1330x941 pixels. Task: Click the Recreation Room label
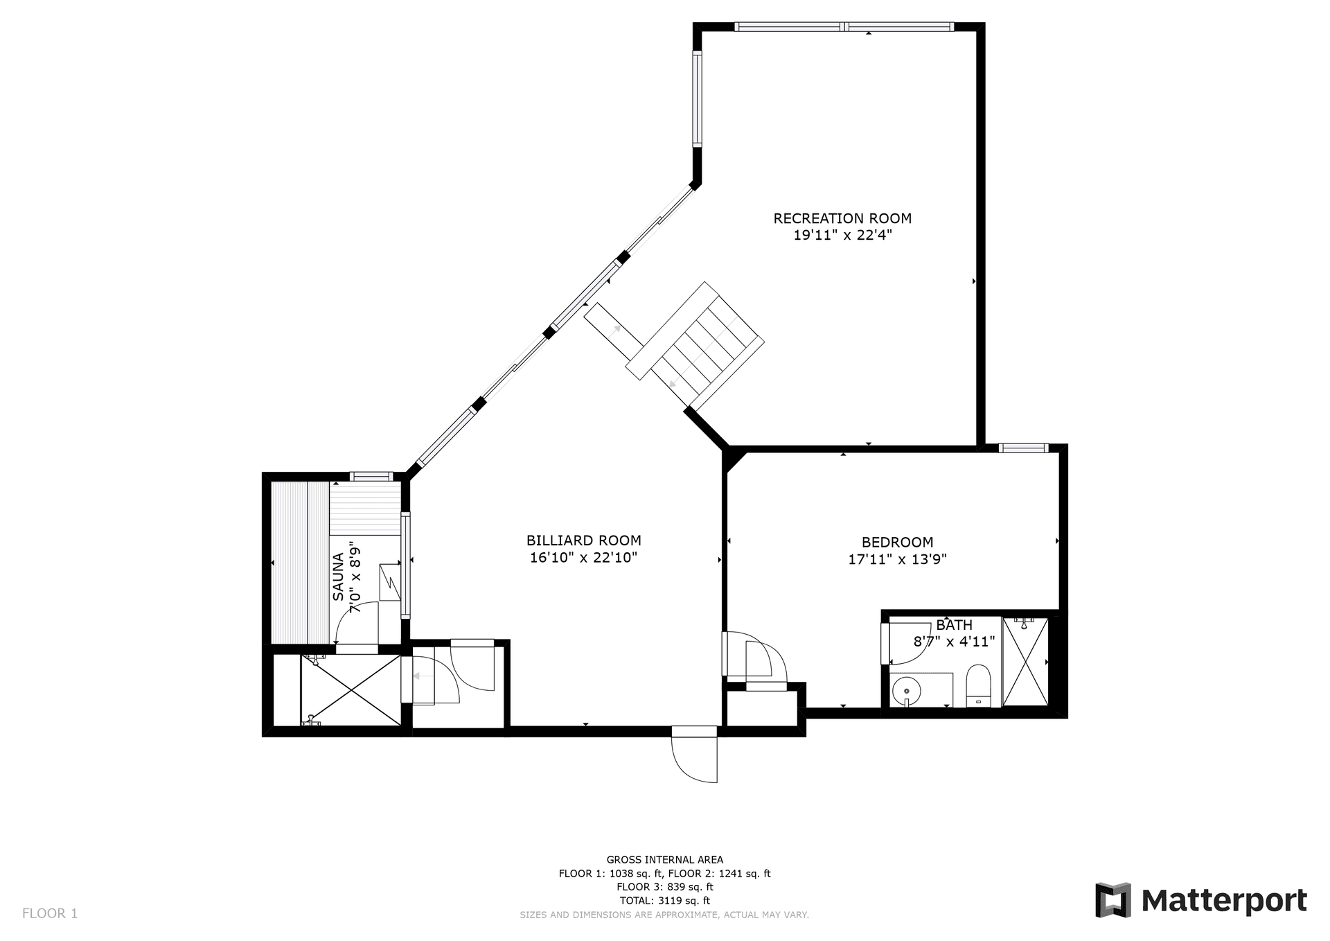pyautogui.click(x=842, y=218)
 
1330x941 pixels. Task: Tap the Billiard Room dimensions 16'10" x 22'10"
pyautogui.click(x=583, y=558)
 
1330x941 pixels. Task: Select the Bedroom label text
pyautogui.click(x=897, y=543)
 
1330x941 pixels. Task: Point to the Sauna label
pyautogui.click(x=338, y=577)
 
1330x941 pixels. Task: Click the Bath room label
pyautogui.click(x=954, y=625)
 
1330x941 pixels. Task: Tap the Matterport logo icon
pyautogui.click(x=1112, y=900)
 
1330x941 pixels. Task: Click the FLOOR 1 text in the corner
pyautogui.click(x=50, y=913)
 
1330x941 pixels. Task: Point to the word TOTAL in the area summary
pyautogui.click(x=635, y=901)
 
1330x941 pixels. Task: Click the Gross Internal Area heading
pyautogui.click(x=664, y=860)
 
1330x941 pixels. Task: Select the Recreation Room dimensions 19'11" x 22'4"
pyautogui.click(x=842, y=235)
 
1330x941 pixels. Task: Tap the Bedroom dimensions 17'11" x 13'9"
pyautogui.click(x=897, y=559)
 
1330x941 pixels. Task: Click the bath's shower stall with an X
pyautogui.click(x=1025, y=662)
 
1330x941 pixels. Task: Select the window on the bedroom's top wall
pyautogui.click(x=1023, y=448)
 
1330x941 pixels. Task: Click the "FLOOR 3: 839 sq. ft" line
pyautogui.click(x=664, y=887)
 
